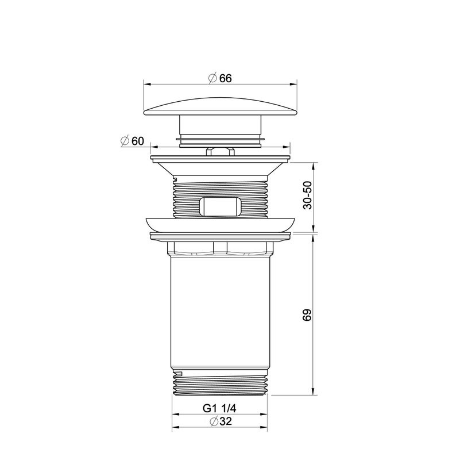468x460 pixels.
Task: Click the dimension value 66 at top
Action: pos(225,78)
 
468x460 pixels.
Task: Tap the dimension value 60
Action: pos(138,141)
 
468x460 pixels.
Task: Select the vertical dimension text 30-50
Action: pos(307,195)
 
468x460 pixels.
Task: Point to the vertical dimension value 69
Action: pos(307,315)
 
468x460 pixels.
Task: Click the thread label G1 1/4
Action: pos(219,408)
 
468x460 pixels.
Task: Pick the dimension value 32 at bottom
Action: pos(225,421)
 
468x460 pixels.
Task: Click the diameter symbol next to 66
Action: pos(213,78)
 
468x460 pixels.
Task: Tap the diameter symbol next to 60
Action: pos(125,141)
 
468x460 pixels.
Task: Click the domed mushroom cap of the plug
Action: pos(221,106)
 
